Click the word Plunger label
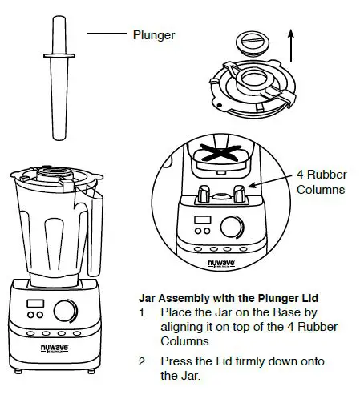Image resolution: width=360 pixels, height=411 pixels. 153,35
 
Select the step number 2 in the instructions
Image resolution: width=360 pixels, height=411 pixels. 144,362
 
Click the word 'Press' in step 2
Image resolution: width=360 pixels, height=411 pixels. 176,362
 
